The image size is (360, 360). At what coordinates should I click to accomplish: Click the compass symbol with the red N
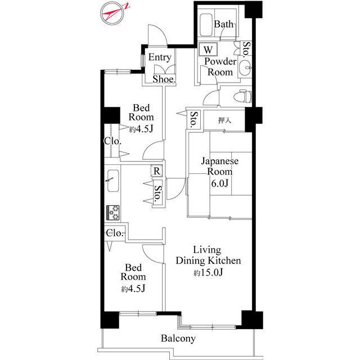(x=112, y=13)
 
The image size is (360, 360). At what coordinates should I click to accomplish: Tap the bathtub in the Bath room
(x=206, y=25)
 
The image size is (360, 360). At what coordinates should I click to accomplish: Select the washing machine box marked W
(x=208, y=49)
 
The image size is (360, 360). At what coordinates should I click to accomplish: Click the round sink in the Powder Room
(x=245, y=67)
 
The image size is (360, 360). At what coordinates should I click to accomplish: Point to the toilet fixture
(x=242, y=97)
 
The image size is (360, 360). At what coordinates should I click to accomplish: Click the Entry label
(x=160, y=57)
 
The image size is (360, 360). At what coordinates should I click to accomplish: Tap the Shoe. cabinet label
(x=164, y=79)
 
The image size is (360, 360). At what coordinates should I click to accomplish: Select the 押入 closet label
(x=224, y=120)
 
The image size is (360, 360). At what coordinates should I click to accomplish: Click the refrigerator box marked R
(x=157, y=171)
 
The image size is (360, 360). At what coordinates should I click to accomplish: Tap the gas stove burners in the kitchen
(x=113, y=213)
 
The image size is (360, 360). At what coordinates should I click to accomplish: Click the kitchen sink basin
(x=113, y=181)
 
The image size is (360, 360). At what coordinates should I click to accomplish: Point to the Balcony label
(x=178, y=338)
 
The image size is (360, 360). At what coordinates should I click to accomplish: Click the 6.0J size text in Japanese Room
(x=220, y=183)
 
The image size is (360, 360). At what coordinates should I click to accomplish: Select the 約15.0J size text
(x=208, y=272)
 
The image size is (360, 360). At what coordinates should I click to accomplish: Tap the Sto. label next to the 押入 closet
(x=193, y=120)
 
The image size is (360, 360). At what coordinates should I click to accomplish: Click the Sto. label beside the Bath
(x=246, y=49)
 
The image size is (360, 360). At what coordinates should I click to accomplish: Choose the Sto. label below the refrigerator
(x=157, y=193)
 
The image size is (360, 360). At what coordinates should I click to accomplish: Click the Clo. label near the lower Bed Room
(x=115, y=233)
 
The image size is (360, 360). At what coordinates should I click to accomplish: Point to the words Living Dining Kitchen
(x=208, y=255)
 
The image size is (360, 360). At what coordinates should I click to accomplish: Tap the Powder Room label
(x=220, y=67)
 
